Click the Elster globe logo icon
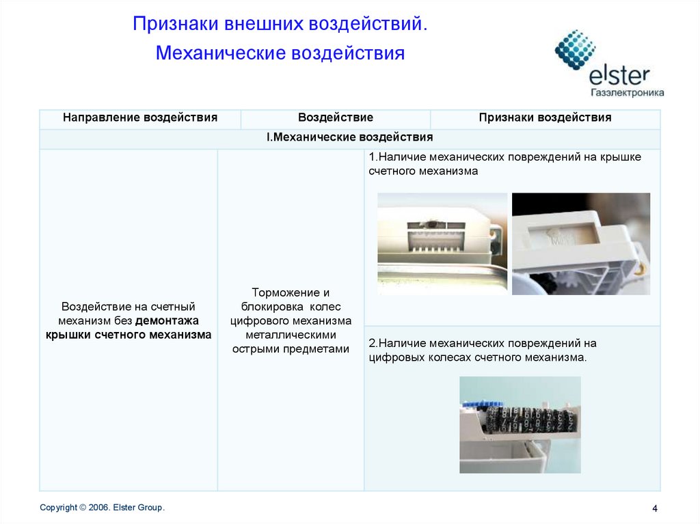[575, 50]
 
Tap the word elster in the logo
[619, 74]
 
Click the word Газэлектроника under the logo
[626, 92]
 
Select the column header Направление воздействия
[140, 118]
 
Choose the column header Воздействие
[335, 118]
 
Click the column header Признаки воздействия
[545, 118]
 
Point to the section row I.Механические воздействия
[349, 137]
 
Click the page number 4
[654, 508]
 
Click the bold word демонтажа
[167, 320]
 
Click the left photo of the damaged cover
[442, 243]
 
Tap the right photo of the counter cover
[580, 243]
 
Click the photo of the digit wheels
[520, 424]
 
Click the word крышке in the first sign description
[621, 157]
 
